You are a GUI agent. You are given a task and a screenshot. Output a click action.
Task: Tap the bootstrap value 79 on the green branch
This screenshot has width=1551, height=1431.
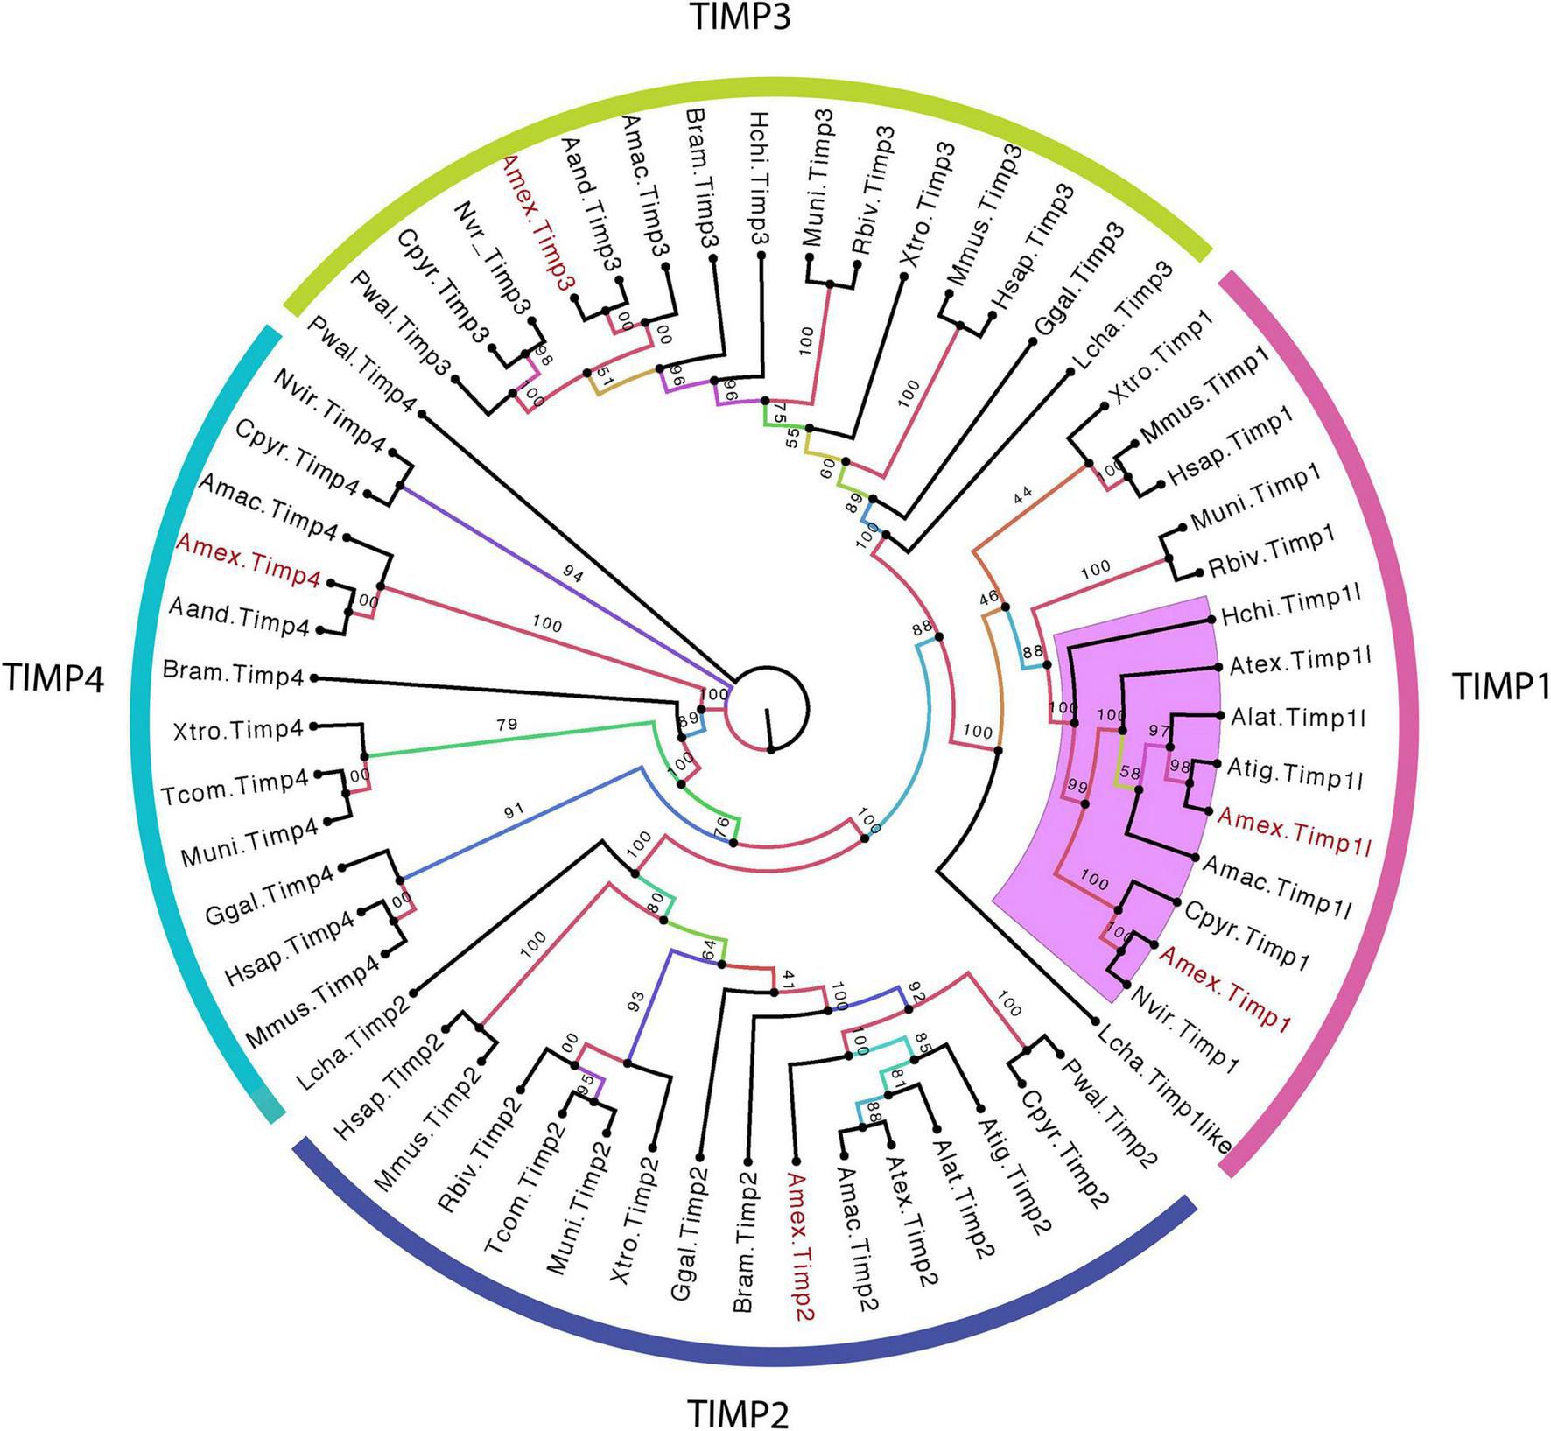pyautogui.click(x=507, y=724)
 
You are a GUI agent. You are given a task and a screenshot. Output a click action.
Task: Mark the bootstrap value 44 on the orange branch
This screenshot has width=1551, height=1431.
pyautogui.click(x=1023, y=495)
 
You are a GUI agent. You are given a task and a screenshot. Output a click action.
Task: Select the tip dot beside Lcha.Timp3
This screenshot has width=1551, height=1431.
pyautogui.click(x=1070, y=373)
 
